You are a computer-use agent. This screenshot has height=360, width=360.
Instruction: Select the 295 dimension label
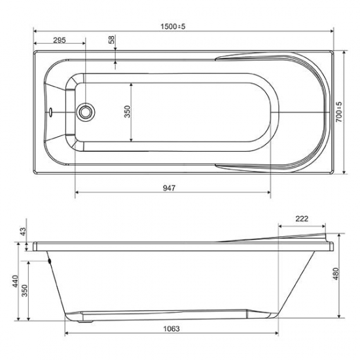[x=59, y=40]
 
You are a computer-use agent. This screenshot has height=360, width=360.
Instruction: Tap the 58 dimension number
[x=112, y=40]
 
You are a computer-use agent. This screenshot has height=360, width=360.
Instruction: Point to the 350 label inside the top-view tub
[x=128, y=112]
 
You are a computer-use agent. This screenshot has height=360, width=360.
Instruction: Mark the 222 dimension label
[x=302, y=219]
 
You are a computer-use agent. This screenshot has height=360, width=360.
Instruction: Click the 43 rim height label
[x=23, y=232]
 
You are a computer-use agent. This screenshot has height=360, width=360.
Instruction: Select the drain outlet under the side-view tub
[x=83, y=319]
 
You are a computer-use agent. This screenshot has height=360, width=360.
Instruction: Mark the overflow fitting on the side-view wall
[x=50, y=261]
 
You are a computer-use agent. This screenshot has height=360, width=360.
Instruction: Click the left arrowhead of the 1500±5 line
[x=35, y=31]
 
